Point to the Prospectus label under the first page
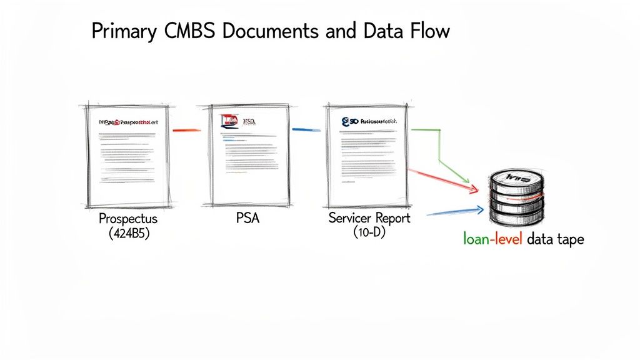128,219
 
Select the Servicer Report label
369,219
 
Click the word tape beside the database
569,239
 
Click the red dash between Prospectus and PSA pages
186,130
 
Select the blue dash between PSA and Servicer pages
306,129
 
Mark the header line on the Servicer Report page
369,121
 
